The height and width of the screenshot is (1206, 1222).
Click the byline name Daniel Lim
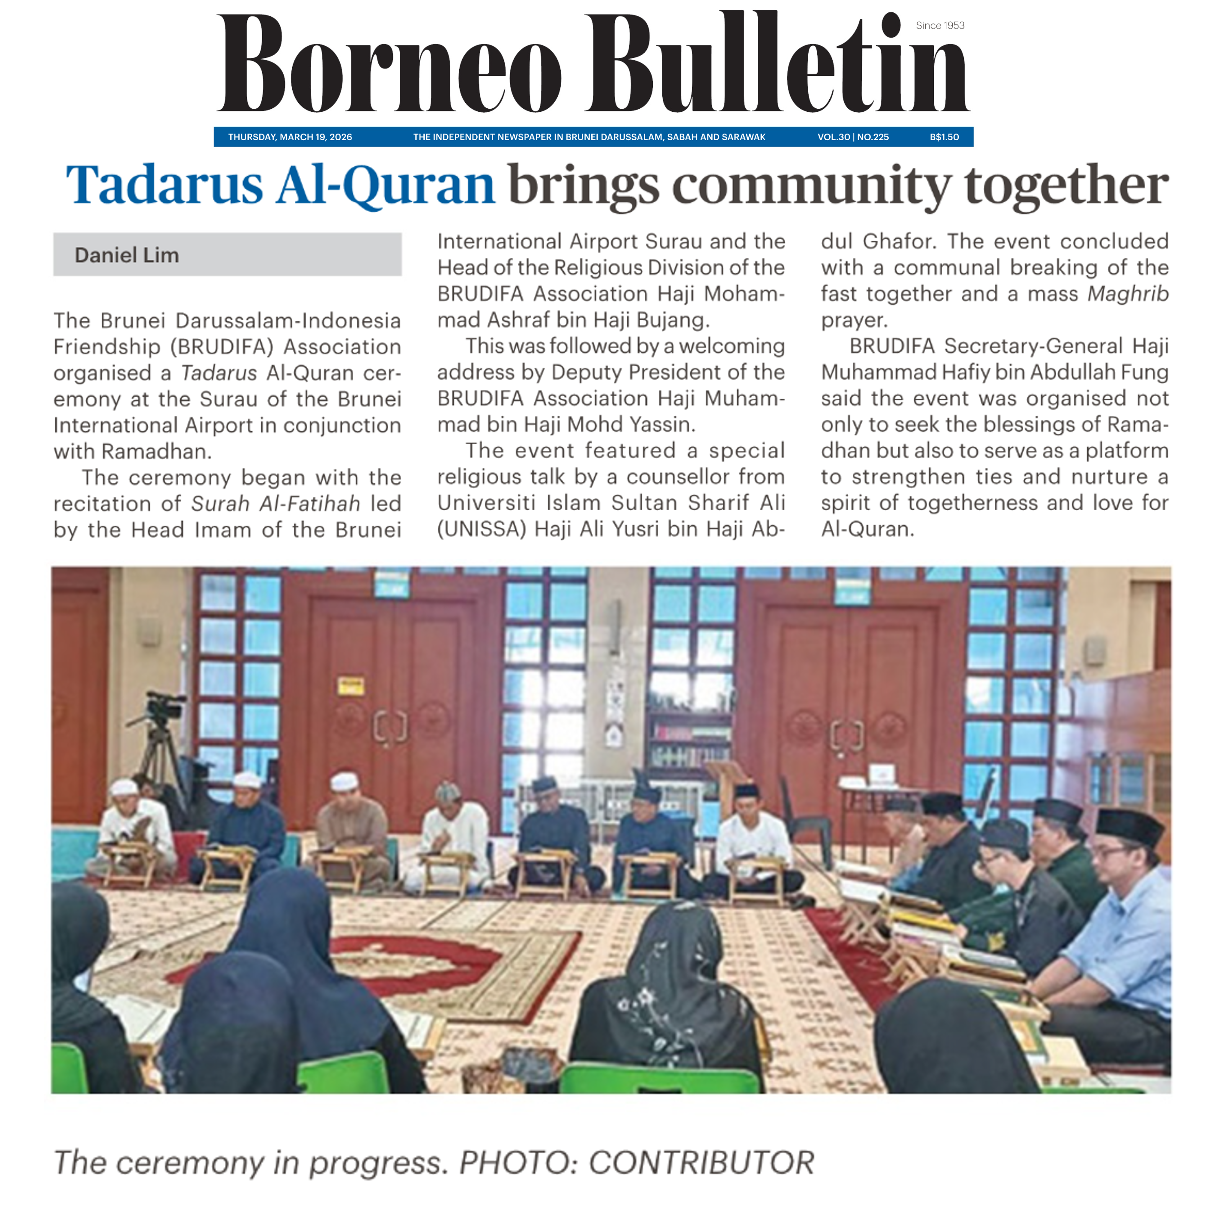point(127,255)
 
